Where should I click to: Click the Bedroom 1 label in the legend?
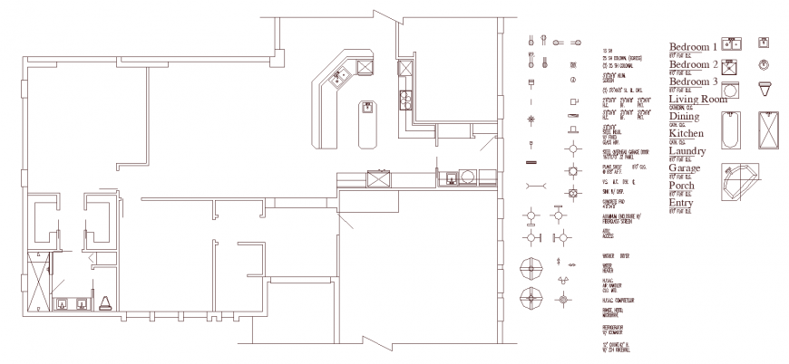(x=693, y=45)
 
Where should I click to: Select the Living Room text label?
(x=699, y=99)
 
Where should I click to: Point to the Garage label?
(x=685, y=168)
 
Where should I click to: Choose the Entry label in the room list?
(x=681, y=203)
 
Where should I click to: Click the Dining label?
(x=685, y=117)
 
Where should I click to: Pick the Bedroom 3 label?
(x=693, y=81)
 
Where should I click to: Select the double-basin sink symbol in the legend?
(x=733, y=43)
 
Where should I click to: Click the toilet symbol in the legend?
(x=765, y=88)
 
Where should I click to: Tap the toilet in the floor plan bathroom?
(x=105, y=302)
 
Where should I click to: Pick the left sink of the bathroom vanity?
(x=63, y=302)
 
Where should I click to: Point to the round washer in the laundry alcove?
(x=467, y=176)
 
